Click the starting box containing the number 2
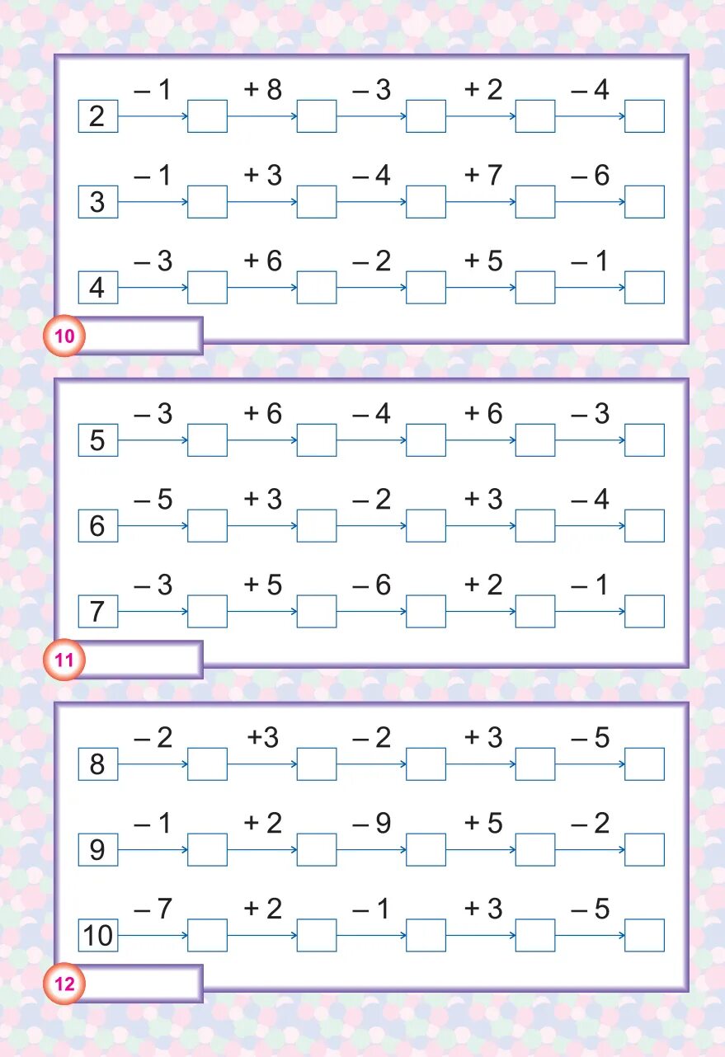tap(98, 116)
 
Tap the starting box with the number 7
tap(98, 612)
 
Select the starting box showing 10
tap(98, 936)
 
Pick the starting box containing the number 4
tap(98, 288)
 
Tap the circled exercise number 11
tap(64, 660)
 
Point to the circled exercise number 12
tap(64, 984)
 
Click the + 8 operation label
tap(263, 91)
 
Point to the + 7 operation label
tap(483, 176)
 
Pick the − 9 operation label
tap(372, 824)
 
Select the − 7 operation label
tap(153, 909)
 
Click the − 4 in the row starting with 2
tap(591, 91)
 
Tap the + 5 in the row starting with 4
tap(483, 261)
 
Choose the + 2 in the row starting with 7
tap(483, 585)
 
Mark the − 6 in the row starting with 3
tap(591, 176)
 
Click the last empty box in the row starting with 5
tap(644, 440)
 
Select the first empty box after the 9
tap(207, 850)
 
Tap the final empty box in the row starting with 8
tap(644, 764)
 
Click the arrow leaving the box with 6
tap(153, 526)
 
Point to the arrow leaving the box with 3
tap(153, 202)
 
